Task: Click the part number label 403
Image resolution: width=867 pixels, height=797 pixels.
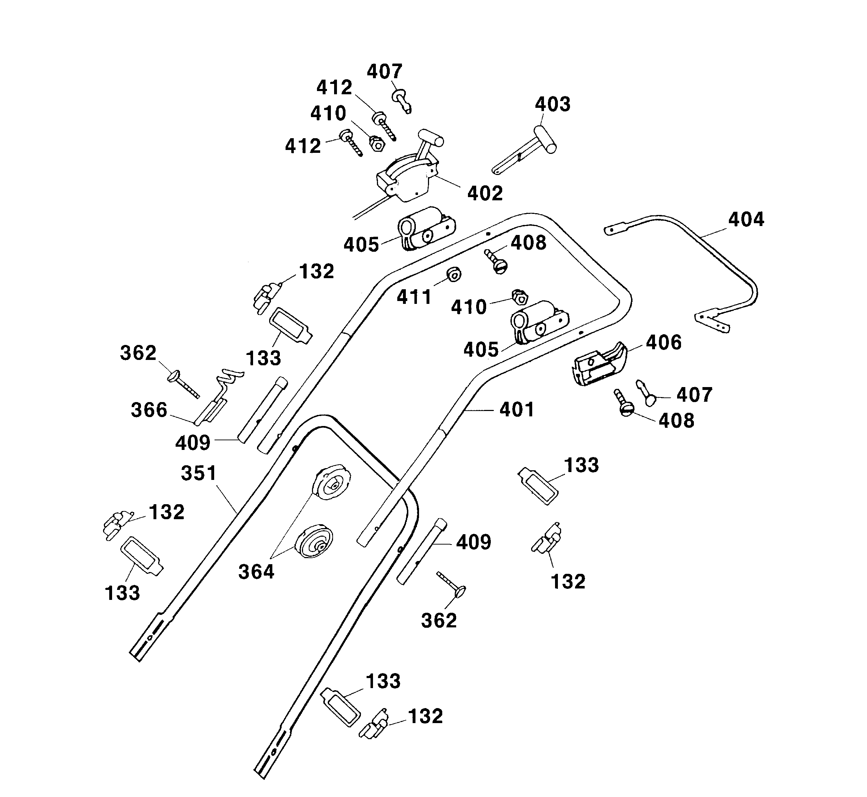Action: coord(552,104)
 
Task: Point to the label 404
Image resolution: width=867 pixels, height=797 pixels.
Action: coord(746,220)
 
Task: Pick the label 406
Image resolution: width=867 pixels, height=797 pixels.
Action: coord(664,342)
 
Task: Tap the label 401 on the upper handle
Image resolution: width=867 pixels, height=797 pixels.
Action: coord(516,409)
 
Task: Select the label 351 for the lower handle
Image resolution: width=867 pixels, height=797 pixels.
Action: coord(198,473)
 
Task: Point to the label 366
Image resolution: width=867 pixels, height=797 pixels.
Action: coord(149,410)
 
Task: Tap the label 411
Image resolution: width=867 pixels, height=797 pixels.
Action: coord(414,297)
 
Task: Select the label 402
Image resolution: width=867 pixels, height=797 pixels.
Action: coord(485,194)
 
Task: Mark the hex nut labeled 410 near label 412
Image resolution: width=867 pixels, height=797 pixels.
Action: coord(377,143)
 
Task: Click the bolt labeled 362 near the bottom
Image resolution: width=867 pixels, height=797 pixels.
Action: coord(453,585)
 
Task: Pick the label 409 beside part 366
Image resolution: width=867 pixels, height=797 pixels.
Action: coord(192,442)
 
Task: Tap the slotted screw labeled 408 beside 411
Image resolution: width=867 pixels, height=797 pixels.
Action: coord(498,262)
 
